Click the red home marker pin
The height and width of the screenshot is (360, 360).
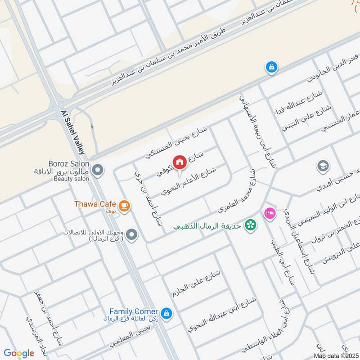(179, 162)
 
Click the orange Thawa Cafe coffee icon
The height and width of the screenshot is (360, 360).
(125, 206)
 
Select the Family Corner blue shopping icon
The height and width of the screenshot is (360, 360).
(166, 313)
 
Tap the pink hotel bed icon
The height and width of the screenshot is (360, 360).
(270, 212)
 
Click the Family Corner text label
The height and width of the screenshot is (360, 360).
(134, 311)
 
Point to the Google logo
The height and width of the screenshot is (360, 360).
(18, 353)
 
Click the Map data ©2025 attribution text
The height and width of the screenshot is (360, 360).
(336, 356)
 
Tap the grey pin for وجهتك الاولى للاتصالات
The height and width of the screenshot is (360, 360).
(132, 234)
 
